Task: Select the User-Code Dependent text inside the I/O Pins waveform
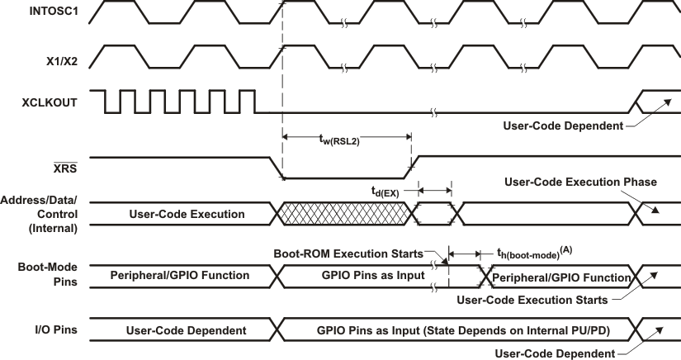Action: [x=186, y=330]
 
